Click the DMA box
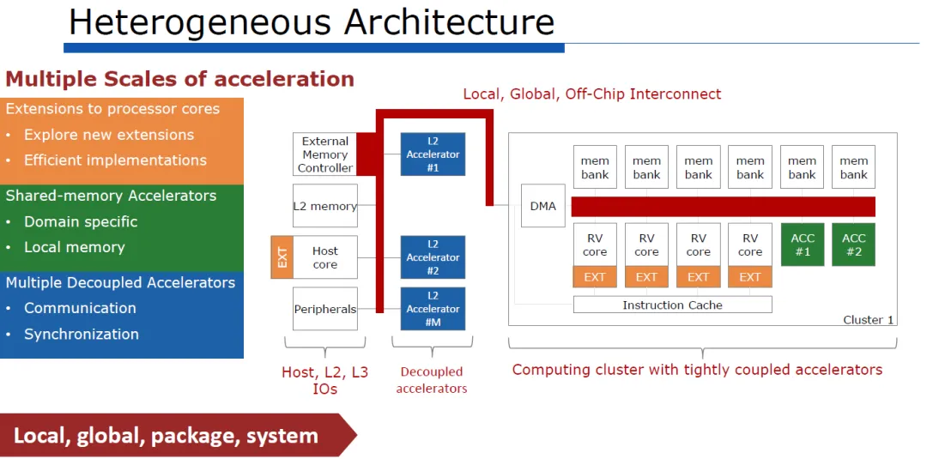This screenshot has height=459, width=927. pyautogui.click(x=542, y=206)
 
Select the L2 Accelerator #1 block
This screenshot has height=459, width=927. pyautogui.click(x=433, y=154)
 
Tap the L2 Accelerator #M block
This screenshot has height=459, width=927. pyautogui.click(x=433, y=308)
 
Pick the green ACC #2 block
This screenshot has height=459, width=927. pyautogui.click(x=853, y=245)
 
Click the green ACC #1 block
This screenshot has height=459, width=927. pyautogui.click(x=803, y=245)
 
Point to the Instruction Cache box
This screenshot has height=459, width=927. pyautogui.click(x=672, y=305)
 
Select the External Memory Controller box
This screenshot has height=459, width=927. pyautogui.click(x=325, y=154)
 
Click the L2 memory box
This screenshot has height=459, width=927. pyautogui.click(x=325, y=206)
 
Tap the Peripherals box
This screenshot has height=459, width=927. pyautogui.click(x=325, y=308)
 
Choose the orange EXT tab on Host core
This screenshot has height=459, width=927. pyautogui.click(x=282, y=257)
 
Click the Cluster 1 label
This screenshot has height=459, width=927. pyautogui.click(x=868, y=320)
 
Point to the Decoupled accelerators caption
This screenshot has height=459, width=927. pyautogui.click(x=432, y=380)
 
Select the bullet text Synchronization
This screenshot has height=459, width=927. pyautogui.click(x=82, y=334)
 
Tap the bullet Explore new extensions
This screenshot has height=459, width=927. pyautogui.click(x=109, y=135)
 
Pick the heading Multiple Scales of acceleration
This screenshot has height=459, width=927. pyautogui.click(x=179, y=79)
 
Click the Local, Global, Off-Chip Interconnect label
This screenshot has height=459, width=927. pyautogui.click(x=591, y=94)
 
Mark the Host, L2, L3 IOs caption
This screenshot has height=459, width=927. pyautogui.click(x=325, y=380)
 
